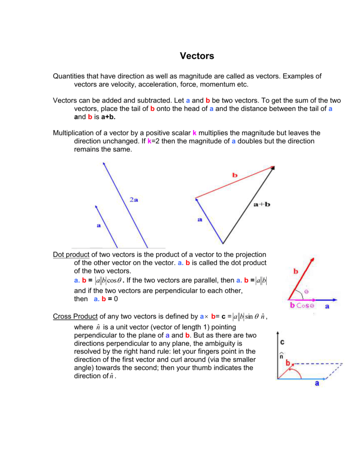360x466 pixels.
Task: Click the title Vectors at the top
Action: coord(197,56)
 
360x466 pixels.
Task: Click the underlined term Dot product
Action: coord(71,254)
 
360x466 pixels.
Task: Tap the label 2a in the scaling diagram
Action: coord(134,200)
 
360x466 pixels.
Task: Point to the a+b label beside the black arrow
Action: coord(261,204)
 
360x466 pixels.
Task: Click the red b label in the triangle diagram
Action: coord(235,175)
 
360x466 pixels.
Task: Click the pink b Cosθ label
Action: coord(302,306)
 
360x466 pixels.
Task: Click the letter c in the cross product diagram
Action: coord(282,341)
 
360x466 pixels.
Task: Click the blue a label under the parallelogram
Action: coord(317,384)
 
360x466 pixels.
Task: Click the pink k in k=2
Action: coord(149,142)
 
